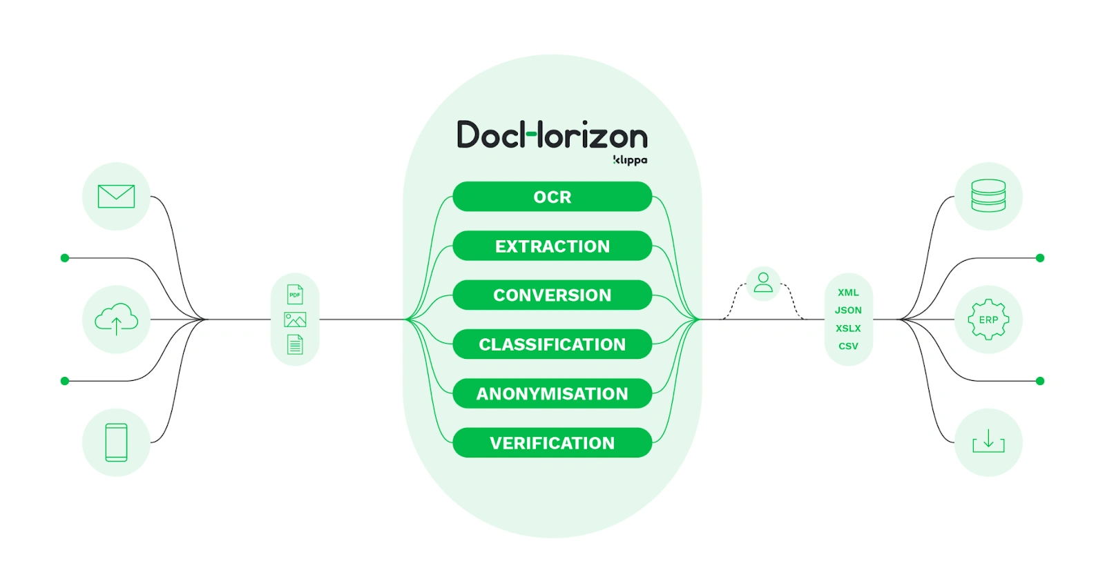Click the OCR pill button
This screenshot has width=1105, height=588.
pos(552,197)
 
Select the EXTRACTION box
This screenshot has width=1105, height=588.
pos(552,246)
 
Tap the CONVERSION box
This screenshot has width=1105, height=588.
pos(552,295)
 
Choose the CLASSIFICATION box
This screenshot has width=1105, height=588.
pos(552,344)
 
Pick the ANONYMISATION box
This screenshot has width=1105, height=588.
pos(552,393)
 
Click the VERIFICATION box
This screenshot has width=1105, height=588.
pos(552,442)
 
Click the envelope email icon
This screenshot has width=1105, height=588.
pos(116,196)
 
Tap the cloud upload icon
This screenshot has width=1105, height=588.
pos(116,319)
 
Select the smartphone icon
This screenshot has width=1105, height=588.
pos(116,442)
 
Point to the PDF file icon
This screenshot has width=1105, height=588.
pos(295,295)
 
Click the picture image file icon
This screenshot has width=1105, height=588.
pos(295,320)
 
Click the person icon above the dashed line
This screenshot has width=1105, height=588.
pos(763,282)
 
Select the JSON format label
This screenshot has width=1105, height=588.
pos(848,311)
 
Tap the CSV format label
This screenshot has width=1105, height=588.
pos(848,346)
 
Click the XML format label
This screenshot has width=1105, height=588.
pos(848,293)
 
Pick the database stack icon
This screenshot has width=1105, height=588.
pos(988,195)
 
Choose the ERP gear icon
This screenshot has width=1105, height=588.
pos(988,320)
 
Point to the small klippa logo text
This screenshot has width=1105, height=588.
pos(630,160)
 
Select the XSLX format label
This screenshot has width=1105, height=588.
pos(848,329)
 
